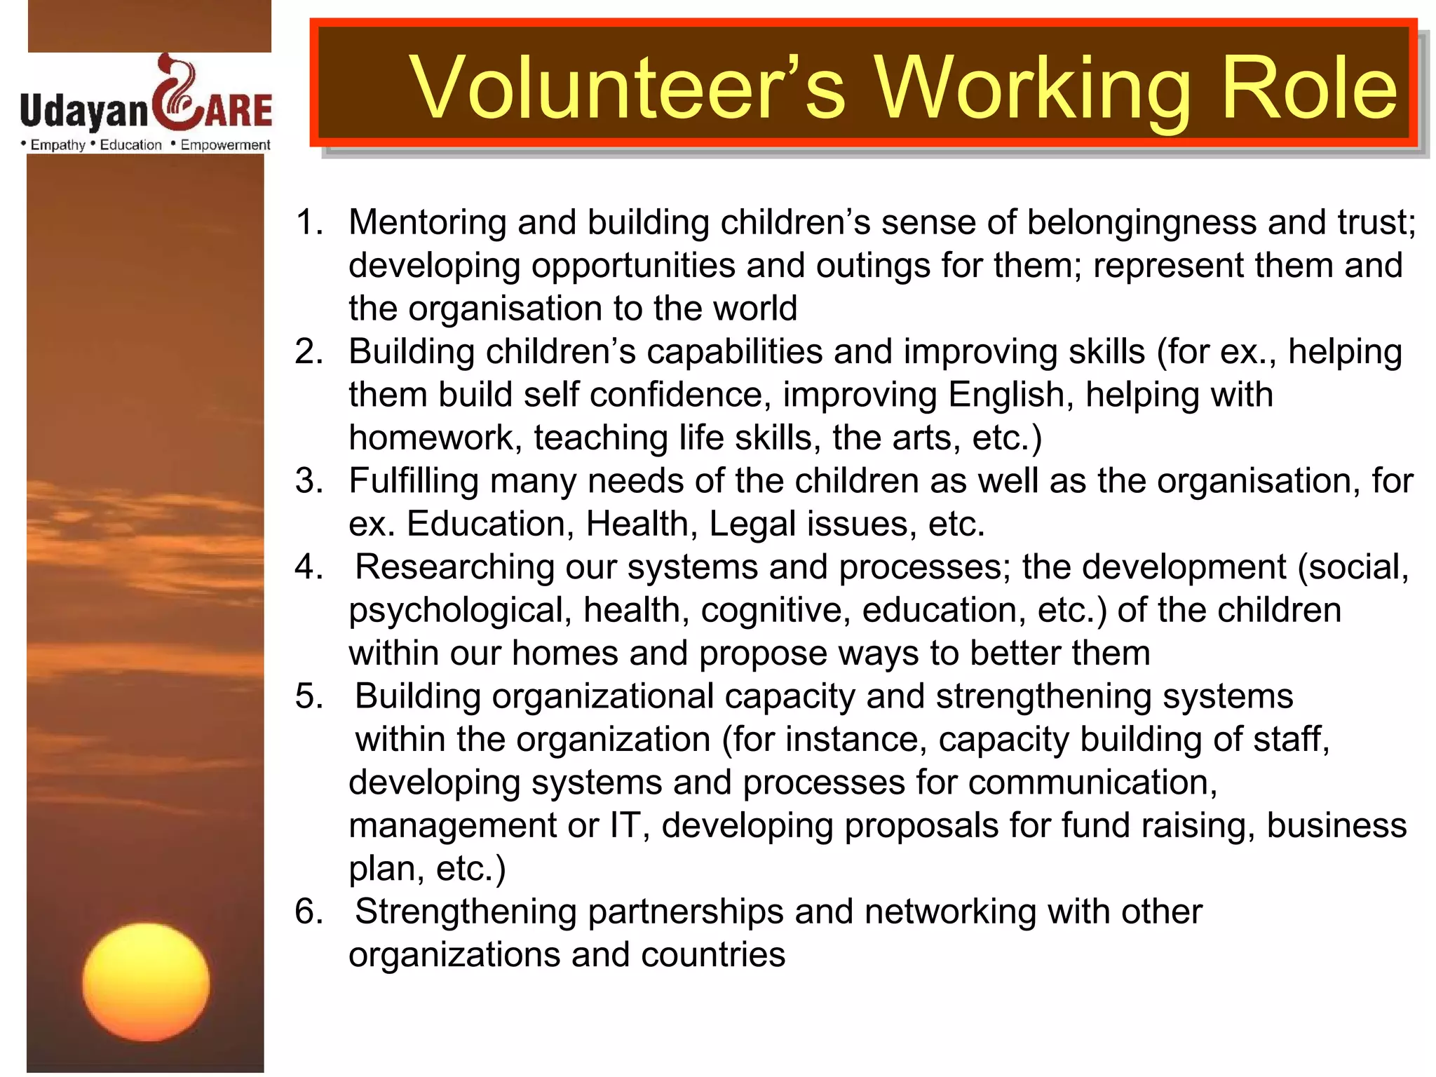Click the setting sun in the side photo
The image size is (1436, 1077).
pyautogui.click(x=146, y=982)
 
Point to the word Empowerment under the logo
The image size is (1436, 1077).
pyautogui.click(x=225, y=145)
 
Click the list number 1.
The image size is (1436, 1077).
pyautogui.click(x=309, y=223)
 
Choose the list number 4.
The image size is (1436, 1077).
pyautogui.click(x=309, y=567)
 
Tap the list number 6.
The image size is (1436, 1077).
pyautogui.click(x=309, y=912)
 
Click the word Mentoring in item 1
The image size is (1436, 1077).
pyautogui.click(x=428, y=223)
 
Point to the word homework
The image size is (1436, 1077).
pyautogui.click(x=435, y=438)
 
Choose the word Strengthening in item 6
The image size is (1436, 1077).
pyautogui.click(x=466, y=912)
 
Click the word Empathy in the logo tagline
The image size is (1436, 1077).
pyautogui.click(x=57, y=145)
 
